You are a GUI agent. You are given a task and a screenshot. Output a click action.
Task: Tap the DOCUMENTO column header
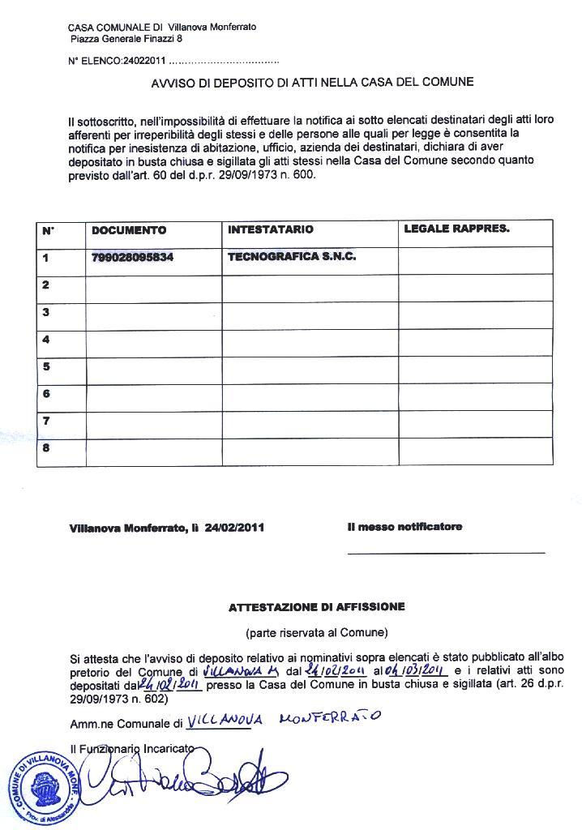(x=130, y=230)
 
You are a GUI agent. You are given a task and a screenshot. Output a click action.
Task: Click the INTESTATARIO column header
(x=271, y=229)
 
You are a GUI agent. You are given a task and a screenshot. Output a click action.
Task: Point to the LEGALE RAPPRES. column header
(x=456, y=229)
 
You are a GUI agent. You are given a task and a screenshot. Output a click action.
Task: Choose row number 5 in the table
(x=46, y=366)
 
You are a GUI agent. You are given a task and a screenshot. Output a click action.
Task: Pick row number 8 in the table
(x=46, y=448)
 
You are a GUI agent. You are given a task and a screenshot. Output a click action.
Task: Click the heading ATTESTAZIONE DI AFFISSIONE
(x=316, y=606)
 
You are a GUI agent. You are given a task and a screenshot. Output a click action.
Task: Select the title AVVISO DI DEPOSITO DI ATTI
(x=312, y=82)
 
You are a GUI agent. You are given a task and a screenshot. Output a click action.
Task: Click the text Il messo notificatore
(x=404, y=527)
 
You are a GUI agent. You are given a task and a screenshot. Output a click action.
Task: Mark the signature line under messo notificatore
(x=446, y=554)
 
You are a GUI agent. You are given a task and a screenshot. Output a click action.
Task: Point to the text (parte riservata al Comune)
(x=316, y=631)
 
